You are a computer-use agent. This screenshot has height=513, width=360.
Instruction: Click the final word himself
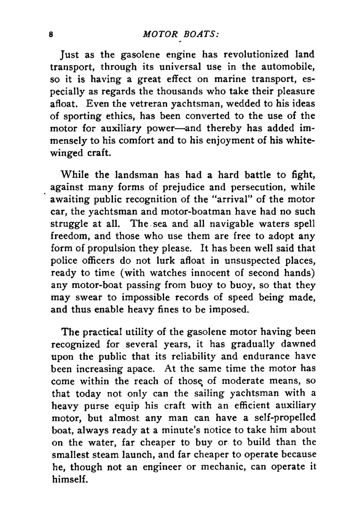coord(69,479)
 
